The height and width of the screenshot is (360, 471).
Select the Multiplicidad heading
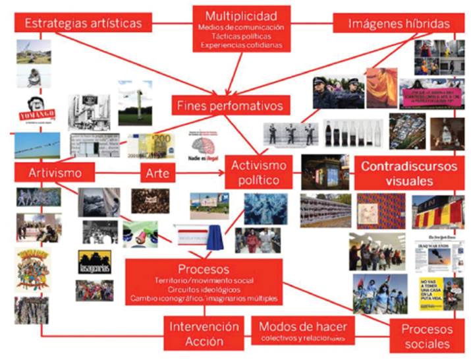pyautogui.click(x=240, y=15)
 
